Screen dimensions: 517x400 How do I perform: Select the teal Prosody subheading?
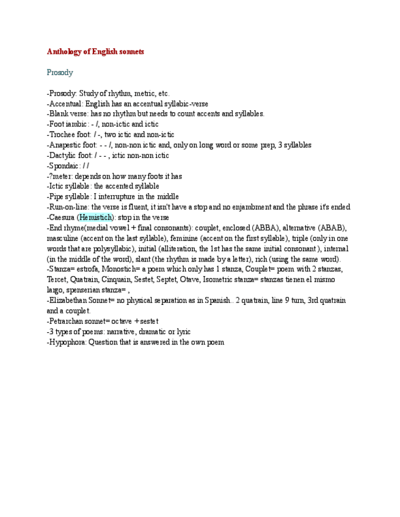click(60, 73)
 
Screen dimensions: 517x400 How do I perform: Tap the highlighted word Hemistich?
click(96, 218)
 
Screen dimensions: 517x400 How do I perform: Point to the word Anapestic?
click(67, 145)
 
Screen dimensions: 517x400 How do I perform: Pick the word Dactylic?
click(64, 155)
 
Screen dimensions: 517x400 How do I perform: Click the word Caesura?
click(62, 218)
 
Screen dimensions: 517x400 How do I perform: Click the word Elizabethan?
click(70, 301)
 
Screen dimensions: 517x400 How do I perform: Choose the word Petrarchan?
click(68, 321)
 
